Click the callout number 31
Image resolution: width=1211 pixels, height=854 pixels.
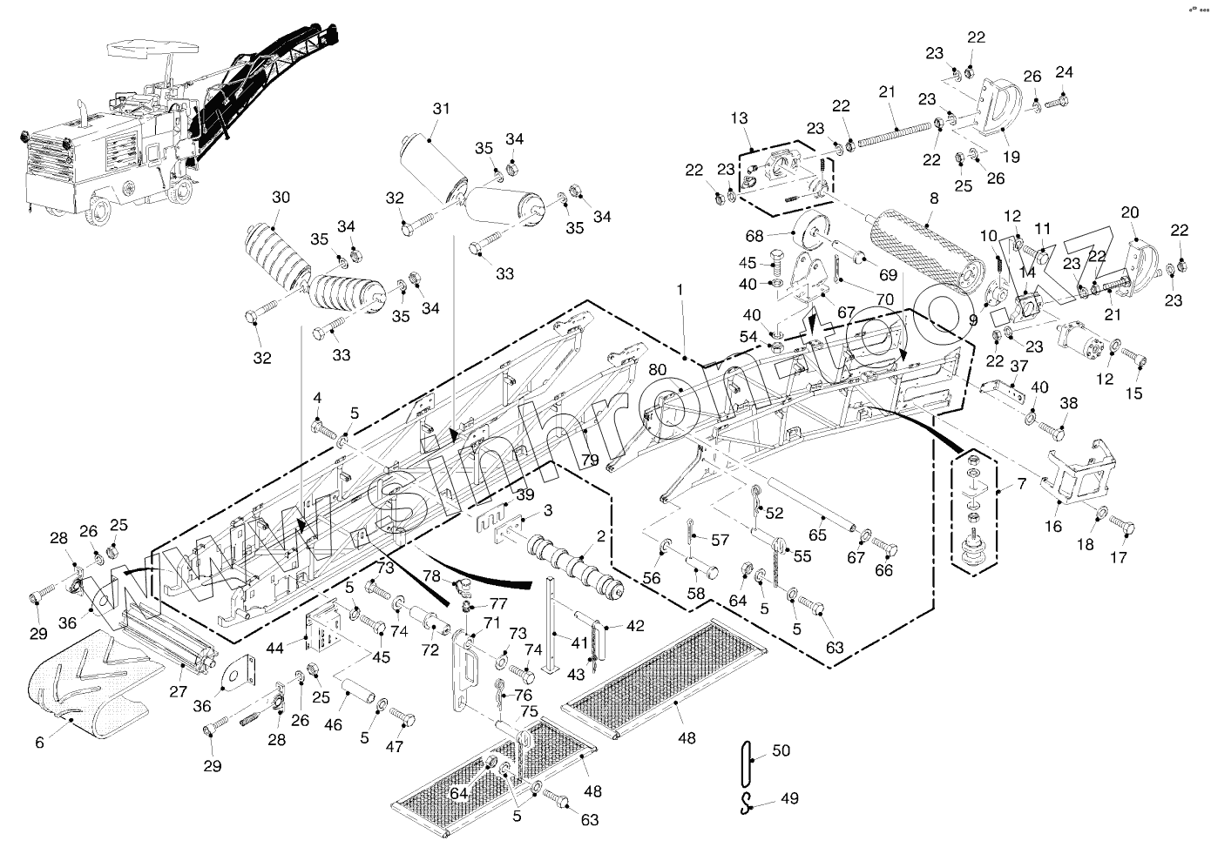click(442, 109)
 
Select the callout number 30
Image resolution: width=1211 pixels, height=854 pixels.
click(281, 198)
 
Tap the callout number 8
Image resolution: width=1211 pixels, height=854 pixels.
click(934, 198)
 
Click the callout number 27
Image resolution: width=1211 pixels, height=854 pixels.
click(179, 692)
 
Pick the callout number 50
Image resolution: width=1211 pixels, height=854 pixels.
click(781, 751)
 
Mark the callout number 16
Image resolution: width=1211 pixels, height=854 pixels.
click(1053, 526)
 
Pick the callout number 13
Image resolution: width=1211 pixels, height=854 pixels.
click(740, 118)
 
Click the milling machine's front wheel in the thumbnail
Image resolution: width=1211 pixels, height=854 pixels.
click(102, 210)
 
